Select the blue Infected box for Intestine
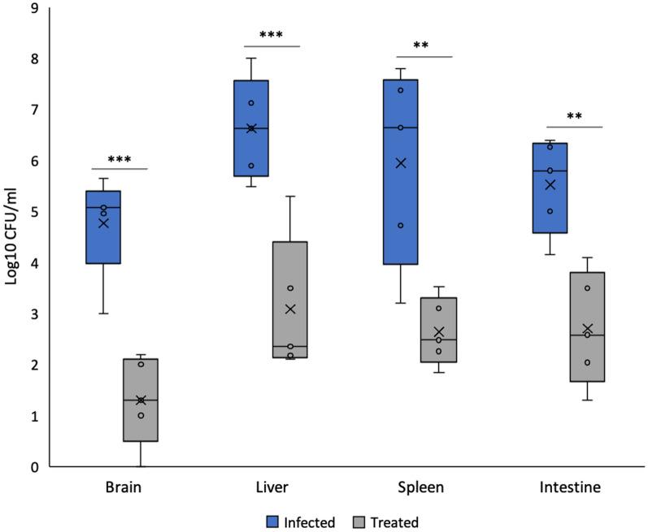point(550,188)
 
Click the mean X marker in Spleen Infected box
point(400,162)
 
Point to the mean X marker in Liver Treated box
point(290,309)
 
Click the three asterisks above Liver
point(271,36)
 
